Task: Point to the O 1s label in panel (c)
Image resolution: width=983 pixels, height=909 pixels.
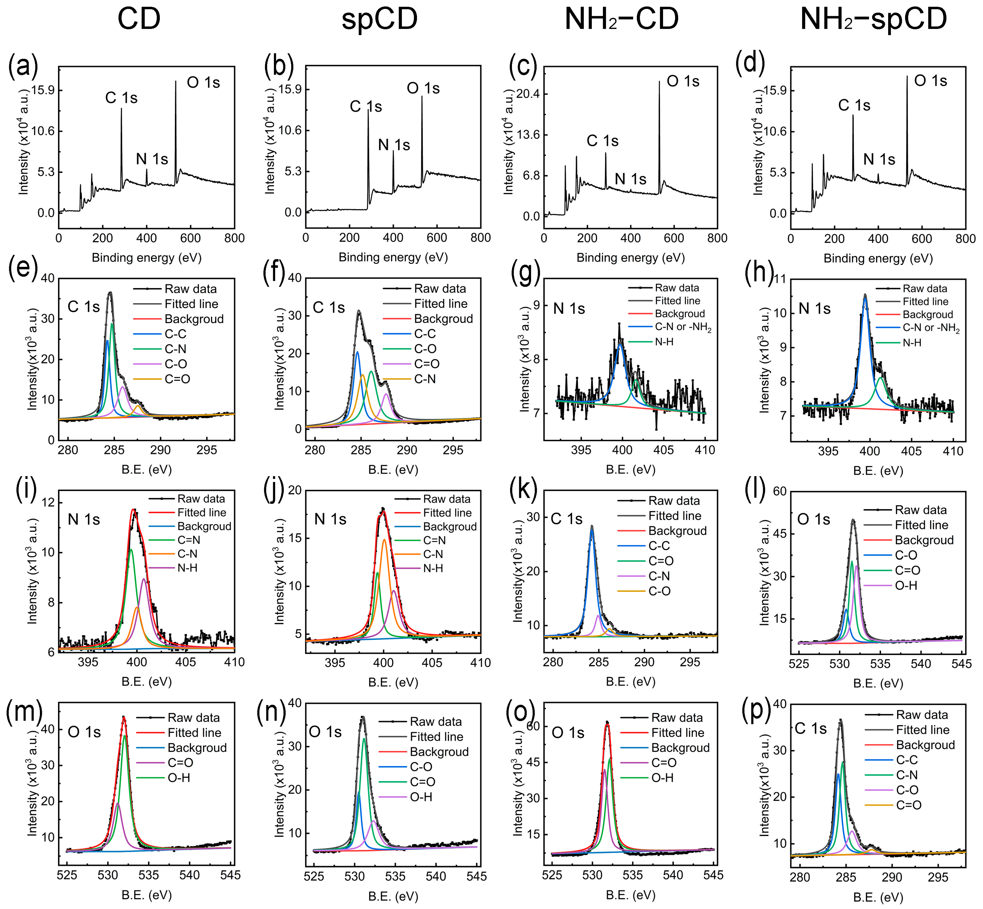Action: click(x=683, y=81)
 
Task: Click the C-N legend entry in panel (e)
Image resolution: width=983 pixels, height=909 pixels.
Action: click(x=175, y=349)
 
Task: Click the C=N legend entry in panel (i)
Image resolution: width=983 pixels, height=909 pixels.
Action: click(x=189, y=540)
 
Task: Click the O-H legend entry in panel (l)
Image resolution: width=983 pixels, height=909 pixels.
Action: click(x=906, y=585)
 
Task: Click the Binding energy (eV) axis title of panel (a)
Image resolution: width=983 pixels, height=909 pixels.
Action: click(x=147, y=257)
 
